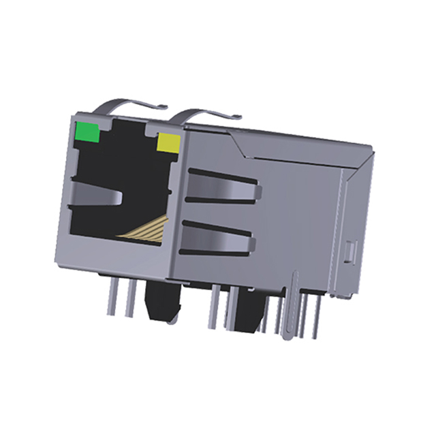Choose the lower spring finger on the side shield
coord(218,238)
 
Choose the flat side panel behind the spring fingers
coord(300,204)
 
